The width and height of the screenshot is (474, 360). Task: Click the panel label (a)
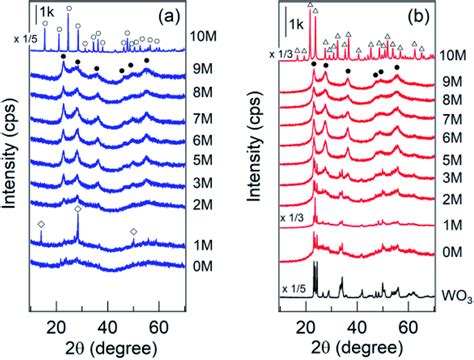[162, 17]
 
